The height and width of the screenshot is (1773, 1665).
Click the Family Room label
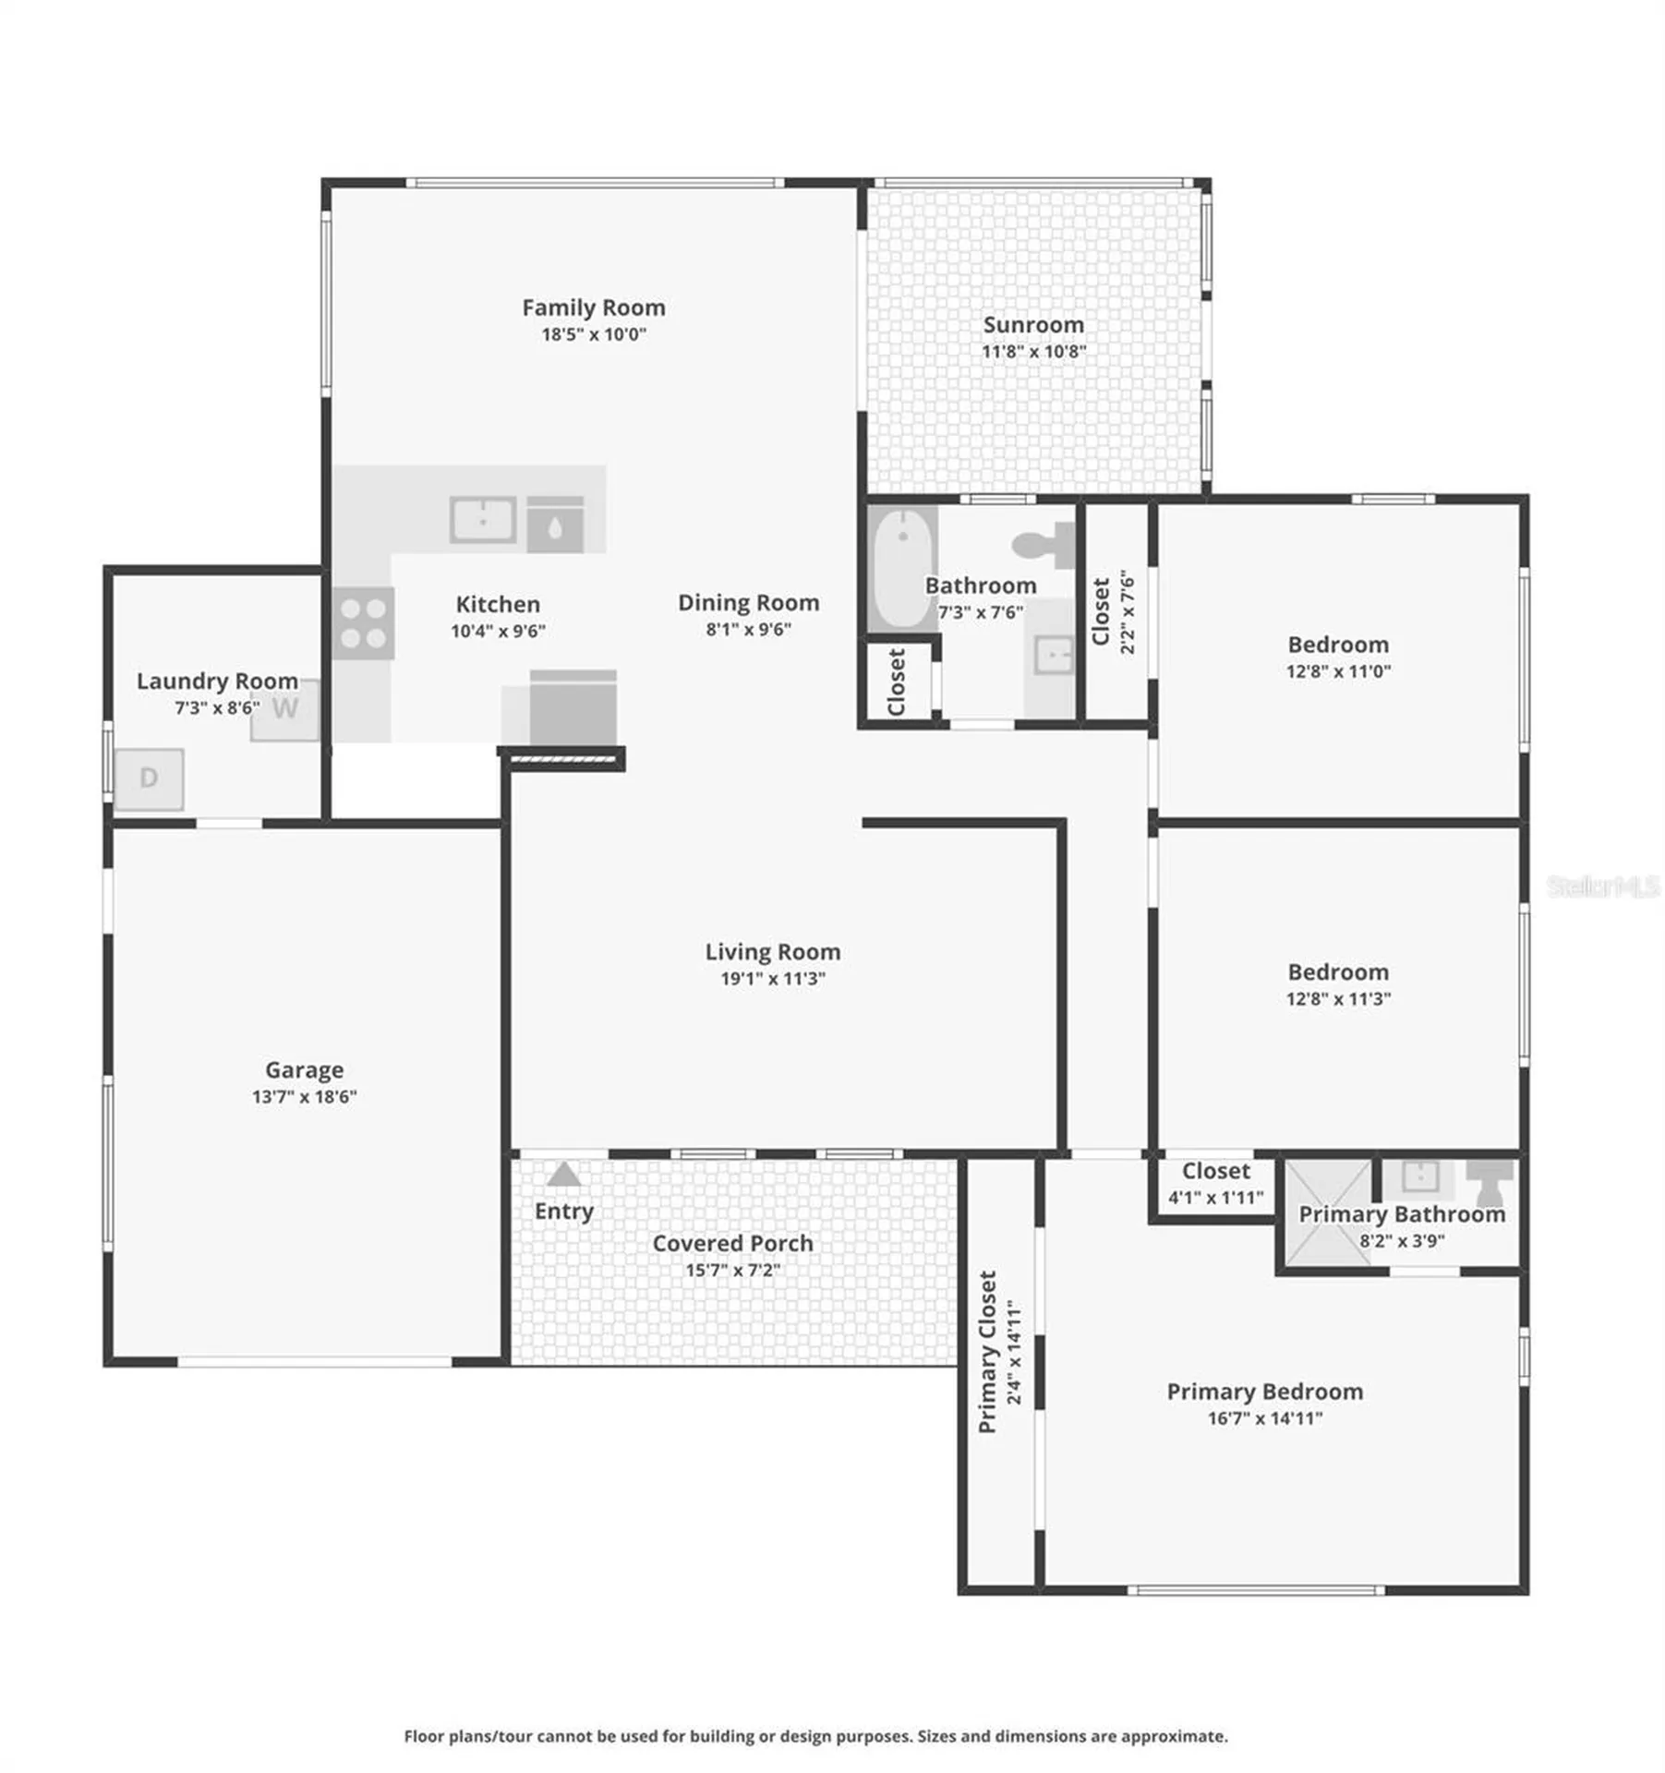[x=593, y=308]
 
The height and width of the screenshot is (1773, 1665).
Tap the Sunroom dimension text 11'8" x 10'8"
[x=1033, y=351]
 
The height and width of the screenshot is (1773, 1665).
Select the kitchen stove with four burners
[x=363, y=623]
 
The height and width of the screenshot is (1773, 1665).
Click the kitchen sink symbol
[x=482, y=521]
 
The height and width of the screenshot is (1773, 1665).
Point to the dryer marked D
[x=149, y=779]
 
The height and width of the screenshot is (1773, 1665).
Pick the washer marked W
[x=285, y=709]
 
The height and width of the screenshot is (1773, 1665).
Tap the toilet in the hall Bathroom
[x=1045, y=545]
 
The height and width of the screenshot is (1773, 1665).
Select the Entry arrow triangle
[x=563, y=1175]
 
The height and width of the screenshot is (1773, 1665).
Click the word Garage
[x=304, y=1069]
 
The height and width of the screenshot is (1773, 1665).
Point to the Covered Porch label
[x=732, y=1244]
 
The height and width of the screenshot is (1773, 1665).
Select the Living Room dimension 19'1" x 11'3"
[x=773, y=979]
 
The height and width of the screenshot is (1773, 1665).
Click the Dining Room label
[x=748, y=603]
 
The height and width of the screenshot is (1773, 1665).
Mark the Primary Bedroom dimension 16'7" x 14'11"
[x=1264, y=1418]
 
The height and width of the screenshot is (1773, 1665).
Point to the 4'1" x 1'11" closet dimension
[x=1215, y=1198]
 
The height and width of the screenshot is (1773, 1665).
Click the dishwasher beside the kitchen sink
[x=555, y=525]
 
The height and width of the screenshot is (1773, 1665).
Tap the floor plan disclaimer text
[x=815, y=1737]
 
